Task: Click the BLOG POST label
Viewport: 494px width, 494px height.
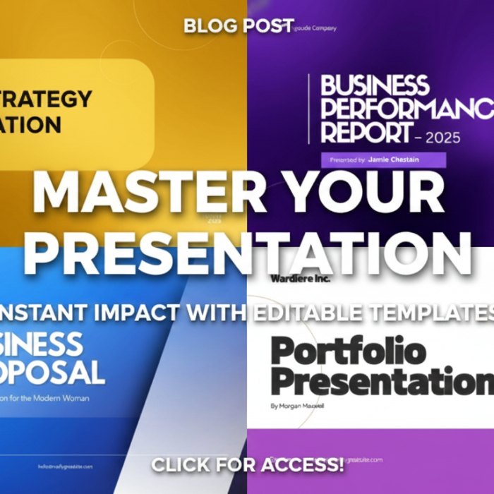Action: tap(239, 26)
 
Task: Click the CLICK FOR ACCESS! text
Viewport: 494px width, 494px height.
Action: tap(248, 464)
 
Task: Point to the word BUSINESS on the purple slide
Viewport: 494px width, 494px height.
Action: tap(375, 85)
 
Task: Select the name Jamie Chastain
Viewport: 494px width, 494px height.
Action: tap(393, 159)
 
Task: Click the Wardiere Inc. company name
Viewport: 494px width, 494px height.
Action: tap(300, 278)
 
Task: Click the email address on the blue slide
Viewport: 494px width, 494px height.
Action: tap(74, 466)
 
